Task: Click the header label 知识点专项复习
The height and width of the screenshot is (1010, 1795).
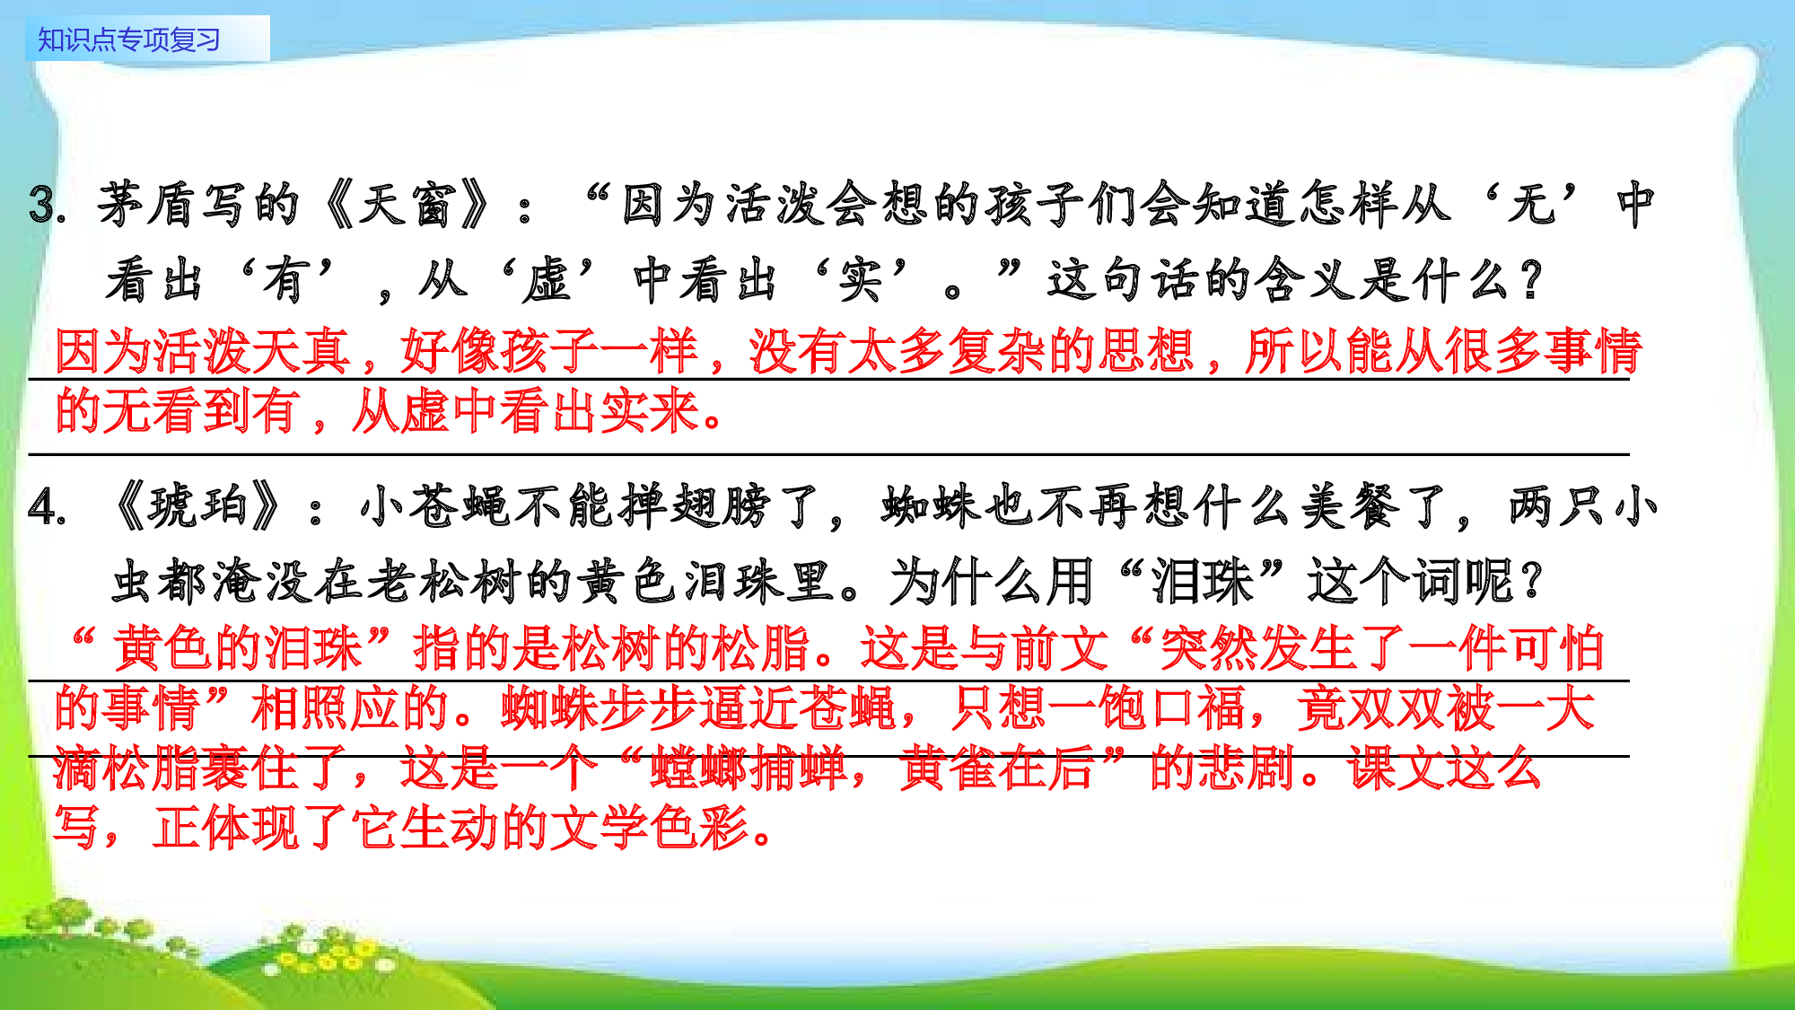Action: pos(129,40)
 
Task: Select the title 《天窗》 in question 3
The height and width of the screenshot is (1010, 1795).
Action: pos(408,204)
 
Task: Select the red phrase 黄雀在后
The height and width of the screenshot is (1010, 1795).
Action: pos(999,768)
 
